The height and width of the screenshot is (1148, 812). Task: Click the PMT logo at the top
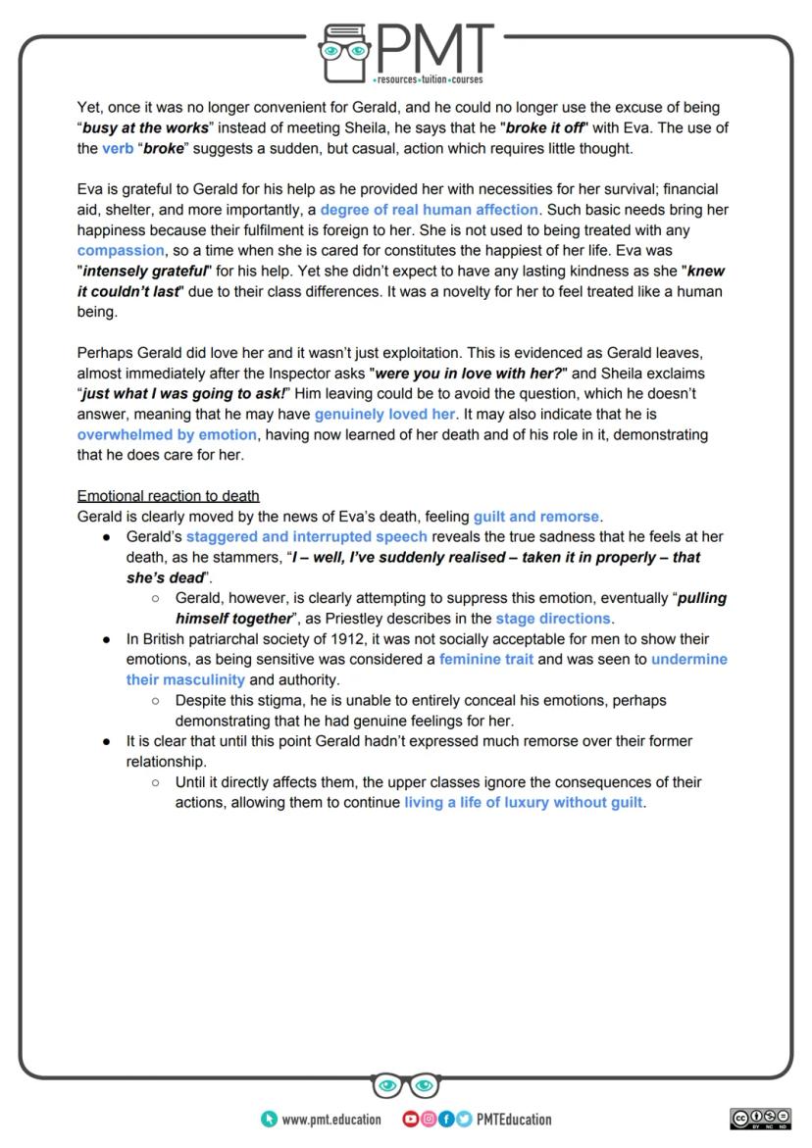click(406, 49)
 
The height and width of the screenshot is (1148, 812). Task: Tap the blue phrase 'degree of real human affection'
click(430, 210)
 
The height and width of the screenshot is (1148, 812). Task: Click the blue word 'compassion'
click(114, 251)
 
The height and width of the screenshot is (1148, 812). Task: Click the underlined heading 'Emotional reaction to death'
click(168, 496)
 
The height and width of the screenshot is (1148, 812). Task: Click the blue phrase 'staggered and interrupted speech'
click(307, 537)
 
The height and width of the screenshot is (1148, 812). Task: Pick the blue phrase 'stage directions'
click(553, 619)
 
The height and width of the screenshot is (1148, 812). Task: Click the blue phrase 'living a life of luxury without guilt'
click(524, 803)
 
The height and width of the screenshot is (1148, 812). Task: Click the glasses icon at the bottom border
click(406, 1085)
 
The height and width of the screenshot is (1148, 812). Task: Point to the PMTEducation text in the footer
click(513, 1120)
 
